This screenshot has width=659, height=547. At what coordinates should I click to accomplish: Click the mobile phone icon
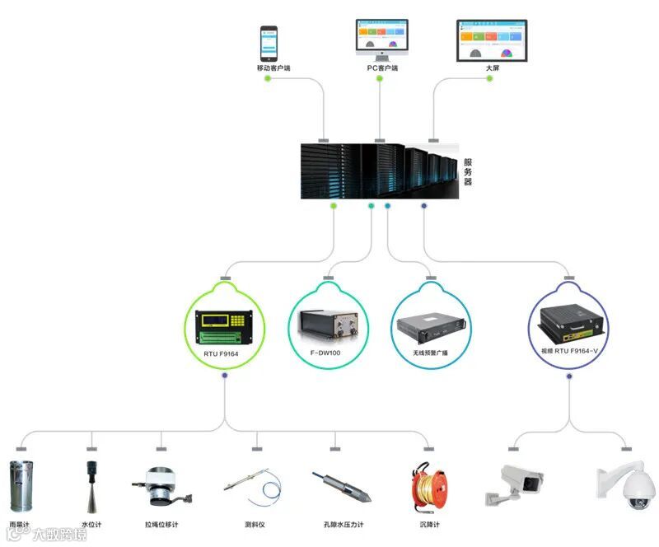tap(269, 44)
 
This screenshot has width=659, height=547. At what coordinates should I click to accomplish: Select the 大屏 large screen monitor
tap(492, 40)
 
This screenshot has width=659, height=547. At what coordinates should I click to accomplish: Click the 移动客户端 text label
tap(273, 68)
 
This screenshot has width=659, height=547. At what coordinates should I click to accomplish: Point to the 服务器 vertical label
tap(468, 171)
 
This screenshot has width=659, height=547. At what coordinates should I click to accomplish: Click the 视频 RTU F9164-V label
tap(568, 351)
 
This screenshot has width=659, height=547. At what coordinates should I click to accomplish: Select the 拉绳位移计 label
tap(161, 525)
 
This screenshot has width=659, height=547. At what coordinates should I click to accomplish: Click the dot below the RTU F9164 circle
tap(224, 376)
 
